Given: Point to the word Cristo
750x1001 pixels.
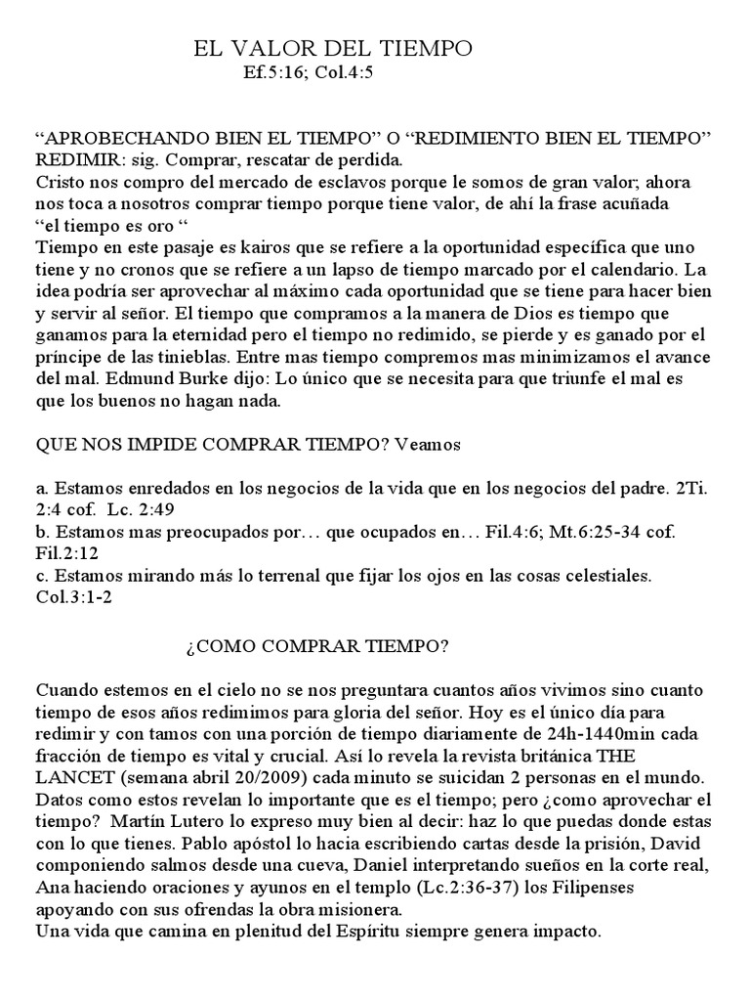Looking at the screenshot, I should click(58, 181).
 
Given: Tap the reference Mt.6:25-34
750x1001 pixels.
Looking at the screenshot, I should click(589, 531).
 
